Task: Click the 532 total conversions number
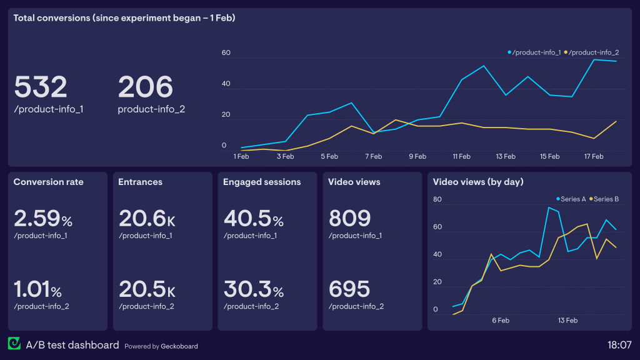pyautogui.click(x=41, y=87)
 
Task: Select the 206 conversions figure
pyautogui.click(x=145, y=87)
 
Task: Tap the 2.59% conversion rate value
pyautogui.click(x=43, y=219)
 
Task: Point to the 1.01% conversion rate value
pyautogui.click(x=38, y=290)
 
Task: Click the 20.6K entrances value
pyautogui.click(x=147, y=219)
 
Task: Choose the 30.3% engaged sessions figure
pyautogui.click(x=254, y=290)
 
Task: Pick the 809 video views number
pyautogui.click(x=350, y=219)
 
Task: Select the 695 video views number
pyautogui.click(x=350, y=290)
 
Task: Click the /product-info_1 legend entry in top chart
pyautogui.click(x=535, y=52)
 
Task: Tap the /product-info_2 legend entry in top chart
pyautogui.click(x=593, y=52)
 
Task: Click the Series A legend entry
pyautogui.click(x=571, y=199)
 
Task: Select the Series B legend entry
pyautogui.click(x=604, y=199)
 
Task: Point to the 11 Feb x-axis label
pyautogui.click(x=461, y=157)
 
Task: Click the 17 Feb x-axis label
pyautogui.click(x=594, y=157)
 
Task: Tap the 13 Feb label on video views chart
pyautogui.click(x=567, y=321)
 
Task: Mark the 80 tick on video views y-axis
pyautogui.click(x=437, y=200)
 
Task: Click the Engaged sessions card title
pyautogui.click(x=262, y=182)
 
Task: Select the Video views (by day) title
pyautogui.click(x=478, y=182)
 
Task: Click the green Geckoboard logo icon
pyautogui.click(x=14, y=344)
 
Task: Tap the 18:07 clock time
pyautogui.click(x=619, y=345)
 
